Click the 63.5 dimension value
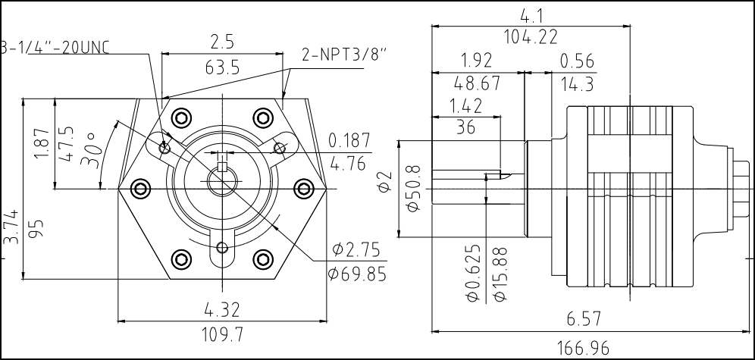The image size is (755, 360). point(222,67)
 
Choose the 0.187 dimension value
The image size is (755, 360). point(349,140)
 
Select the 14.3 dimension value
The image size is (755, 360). point(577,83)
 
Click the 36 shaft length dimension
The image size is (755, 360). point(466,128)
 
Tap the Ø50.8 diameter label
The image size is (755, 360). point(413,188)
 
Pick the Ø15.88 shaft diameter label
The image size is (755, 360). point(499,274)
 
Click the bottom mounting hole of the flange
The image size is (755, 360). point(221,247)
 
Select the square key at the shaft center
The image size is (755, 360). point(221,167)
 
